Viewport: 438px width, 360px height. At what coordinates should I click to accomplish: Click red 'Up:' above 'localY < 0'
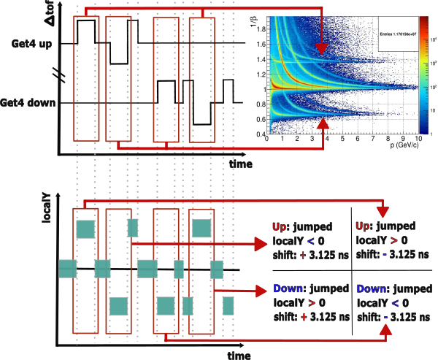pyautogui.click(x=281, y=226)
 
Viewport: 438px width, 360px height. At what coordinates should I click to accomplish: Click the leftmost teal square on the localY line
pyautogui.click(x=67, y=269)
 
